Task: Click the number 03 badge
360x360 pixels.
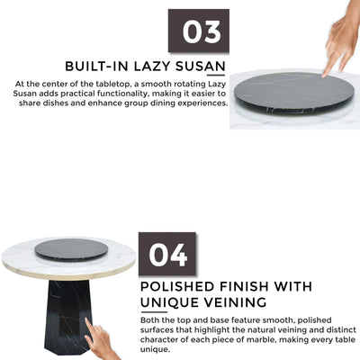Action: coord(199,31)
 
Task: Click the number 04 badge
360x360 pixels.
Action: coord(167,254)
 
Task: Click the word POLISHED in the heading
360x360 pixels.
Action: coord(178,286)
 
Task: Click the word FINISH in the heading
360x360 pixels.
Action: coord(245,286)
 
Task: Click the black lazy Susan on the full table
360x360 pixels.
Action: coord(71,249)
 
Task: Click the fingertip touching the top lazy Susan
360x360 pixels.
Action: coord(325,75)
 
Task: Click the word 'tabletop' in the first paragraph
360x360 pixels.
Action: coord(112,84)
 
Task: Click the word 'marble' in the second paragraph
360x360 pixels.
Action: coord(262,339)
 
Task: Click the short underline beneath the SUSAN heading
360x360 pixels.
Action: coord(216,75)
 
